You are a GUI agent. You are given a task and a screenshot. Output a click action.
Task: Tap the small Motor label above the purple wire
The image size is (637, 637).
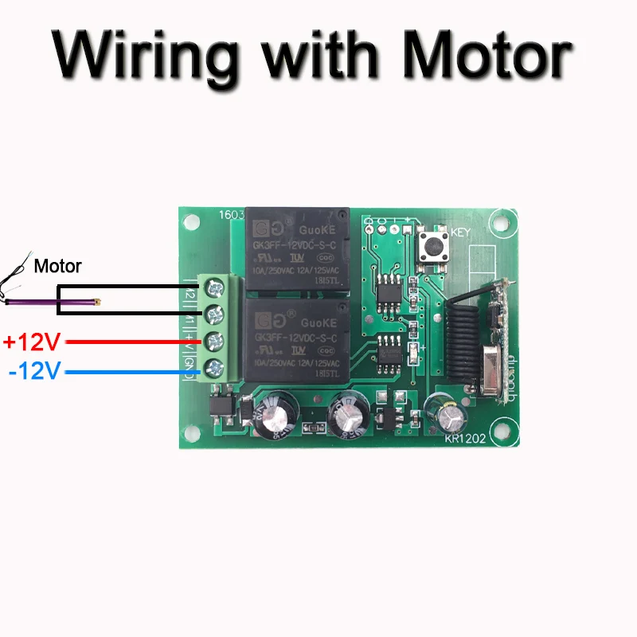tap(57, 267)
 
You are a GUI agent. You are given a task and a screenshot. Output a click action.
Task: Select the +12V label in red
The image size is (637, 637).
tap(31, 342)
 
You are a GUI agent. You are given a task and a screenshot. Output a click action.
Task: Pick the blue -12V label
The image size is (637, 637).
tap(34, 371)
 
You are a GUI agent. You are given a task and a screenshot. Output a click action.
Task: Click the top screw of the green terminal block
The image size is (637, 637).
tap(213, 287)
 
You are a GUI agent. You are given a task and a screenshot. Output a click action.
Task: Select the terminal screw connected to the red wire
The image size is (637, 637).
tap(213, 341)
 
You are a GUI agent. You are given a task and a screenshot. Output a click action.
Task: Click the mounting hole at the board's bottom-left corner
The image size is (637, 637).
tap(192, 434)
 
